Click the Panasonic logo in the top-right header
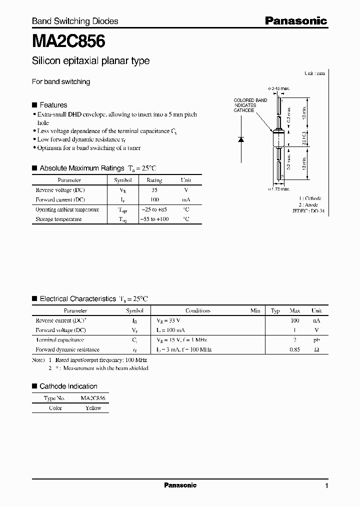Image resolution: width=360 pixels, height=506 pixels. coord(295,21)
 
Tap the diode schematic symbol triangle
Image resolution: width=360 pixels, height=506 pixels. coord(240,139)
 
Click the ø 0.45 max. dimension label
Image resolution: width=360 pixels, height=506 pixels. coord(279,88)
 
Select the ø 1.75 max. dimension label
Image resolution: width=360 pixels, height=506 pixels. coord(279,189)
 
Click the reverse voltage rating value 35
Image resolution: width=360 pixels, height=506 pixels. coord(154,190)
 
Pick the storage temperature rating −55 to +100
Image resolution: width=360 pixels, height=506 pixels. coord(154,219)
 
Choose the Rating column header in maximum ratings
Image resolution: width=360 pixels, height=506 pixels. coord(154,180)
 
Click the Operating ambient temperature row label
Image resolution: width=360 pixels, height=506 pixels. coord(67,209)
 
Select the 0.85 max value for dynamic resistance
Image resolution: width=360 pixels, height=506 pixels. coord(294,349)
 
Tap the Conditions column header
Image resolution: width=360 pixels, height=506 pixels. coord(198,310)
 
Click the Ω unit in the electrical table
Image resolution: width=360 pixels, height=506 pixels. coord(316,349)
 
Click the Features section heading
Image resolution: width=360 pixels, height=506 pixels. coord(53,105)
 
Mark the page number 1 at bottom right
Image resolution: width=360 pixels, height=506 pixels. coord(326,486)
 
